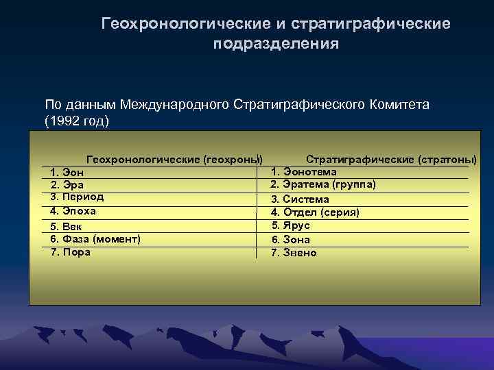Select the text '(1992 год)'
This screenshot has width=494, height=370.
[x=77, y=121]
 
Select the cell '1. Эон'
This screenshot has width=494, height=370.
[x=67, y=172]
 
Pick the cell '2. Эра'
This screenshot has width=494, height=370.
[x=67, y=185]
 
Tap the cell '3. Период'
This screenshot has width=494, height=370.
[x=77, y=197]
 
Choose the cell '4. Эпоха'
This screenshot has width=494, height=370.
[x=73, y=211]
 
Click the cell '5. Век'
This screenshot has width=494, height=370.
[x=67, y=226]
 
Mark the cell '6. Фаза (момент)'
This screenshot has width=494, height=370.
[x=95, y=238]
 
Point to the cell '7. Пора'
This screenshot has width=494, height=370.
[x=71, y=251]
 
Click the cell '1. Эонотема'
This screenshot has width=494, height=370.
[x=304, y=171]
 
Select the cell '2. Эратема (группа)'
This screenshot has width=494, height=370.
[x=322, y=184]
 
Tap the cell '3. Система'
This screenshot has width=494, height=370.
[x=299, y=199]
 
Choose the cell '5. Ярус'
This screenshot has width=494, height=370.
[x=291, y=225]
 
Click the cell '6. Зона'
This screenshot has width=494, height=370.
[x=290, y=240]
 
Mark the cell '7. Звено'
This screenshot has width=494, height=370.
[x=294, y=253]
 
